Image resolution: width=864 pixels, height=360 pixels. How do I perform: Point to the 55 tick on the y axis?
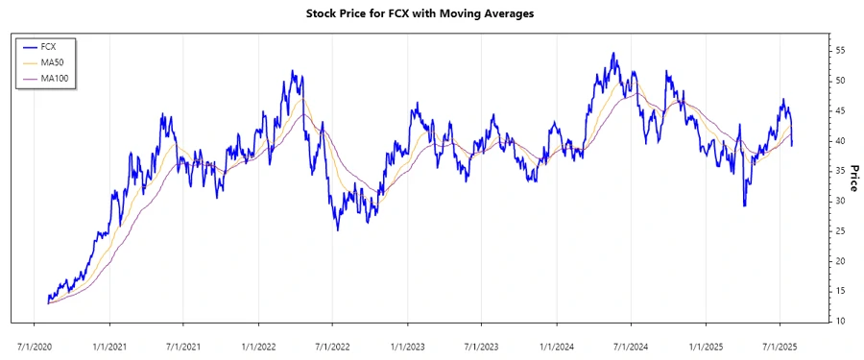point(840,50)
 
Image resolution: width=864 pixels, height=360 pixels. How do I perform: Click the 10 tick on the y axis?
point(840,321)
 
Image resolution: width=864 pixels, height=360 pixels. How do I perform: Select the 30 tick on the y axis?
point(840,201)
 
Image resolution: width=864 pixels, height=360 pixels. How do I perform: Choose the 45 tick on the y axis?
point(840,110)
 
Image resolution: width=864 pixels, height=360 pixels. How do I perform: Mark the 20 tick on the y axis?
point(840,261)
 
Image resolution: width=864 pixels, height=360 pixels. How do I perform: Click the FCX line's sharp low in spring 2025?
point(744,204)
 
